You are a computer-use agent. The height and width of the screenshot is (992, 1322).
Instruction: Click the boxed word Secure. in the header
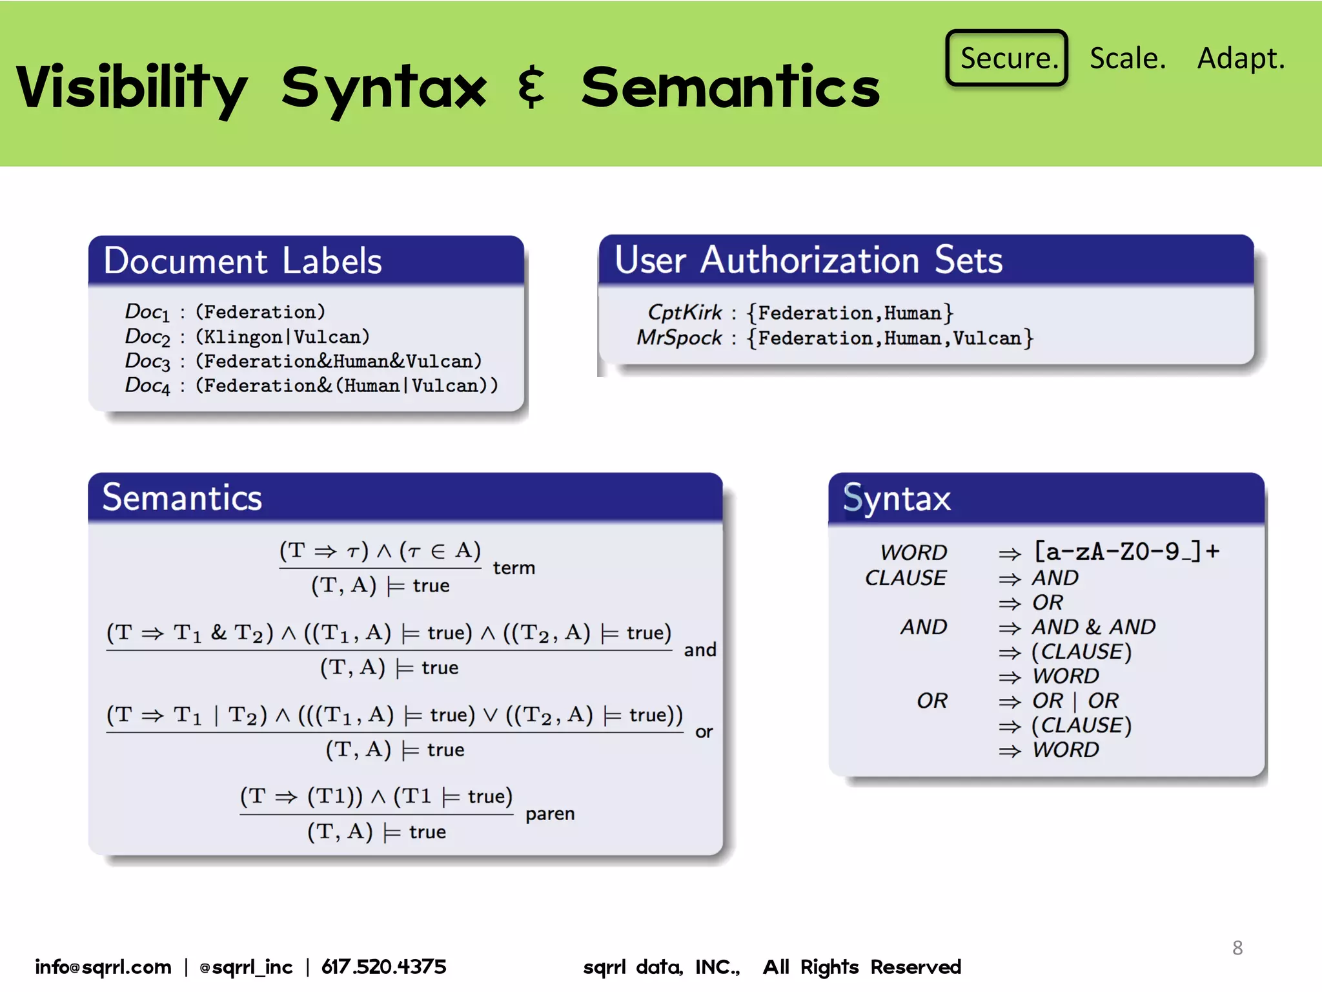point(1006,58)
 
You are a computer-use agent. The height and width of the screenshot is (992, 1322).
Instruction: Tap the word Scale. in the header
point(1127,58)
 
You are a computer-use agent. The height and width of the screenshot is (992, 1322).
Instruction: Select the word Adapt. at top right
point(1241,58)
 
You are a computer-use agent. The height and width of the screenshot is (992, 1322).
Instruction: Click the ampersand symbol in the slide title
point(532,87)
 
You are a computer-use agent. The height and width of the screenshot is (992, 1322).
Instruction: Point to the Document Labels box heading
point(243,261)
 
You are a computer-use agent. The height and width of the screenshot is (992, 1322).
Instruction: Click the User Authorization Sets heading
point(808,260)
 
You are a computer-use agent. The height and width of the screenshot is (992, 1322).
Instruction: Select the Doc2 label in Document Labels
point(147,336)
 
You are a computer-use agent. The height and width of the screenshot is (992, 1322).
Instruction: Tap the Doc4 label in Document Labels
point(147,386)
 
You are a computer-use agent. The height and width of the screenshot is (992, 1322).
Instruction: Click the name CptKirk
point(684,313)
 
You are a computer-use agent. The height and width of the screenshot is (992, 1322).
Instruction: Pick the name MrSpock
point(679,338)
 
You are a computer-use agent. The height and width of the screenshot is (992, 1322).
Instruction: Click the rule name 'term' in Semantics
point(514,568)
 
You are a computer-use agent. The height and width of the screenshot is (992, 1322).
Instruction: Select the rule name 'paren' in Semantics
point(549,813)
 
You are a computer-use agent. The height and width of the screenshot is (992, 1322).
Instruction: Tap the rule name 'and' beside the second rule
point(700,650)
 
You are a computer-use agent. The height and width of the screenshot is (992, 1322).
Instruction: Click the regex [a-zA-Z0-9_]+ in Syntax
point(1126,552)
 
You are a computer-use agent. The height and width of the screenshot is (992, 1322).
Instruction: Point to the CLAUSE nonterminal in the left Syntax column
point(905,577)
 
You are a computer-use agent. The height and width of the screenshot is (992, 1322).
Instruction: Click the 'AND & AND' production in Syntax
point(1093,626)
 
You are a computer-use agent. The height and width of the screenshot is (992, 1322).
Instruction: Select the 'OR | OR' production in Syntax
point(1075,700)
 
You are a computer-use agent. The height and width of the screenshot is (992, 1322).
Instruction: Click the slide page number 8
point(1237,947)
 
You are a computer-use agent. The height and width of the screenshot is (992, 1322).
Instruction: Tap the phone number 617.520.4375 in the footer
point(383,967)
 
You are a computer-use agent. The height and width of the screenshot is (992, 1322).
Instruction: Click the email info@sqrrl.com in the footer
point(103,967)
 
